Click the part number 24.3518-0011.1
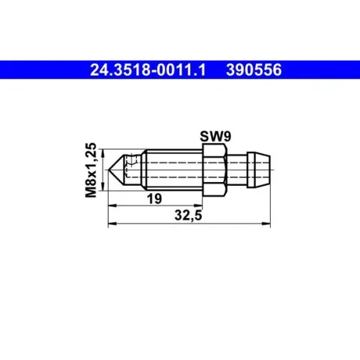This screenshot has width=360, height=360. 148,70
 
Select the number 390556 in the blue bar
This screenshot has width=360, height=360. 253,70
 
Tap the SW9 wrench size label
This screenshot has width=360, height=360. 215,136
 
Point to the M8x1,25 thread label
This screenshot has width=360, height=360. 91,170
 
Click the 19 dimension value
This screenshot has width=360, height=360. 154,199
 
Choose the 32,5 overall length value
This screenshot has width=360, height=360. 188,215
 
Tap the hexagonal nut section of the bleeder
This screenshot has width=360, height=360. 215,170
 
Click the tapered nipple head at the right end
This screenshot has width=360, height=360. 259,170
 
